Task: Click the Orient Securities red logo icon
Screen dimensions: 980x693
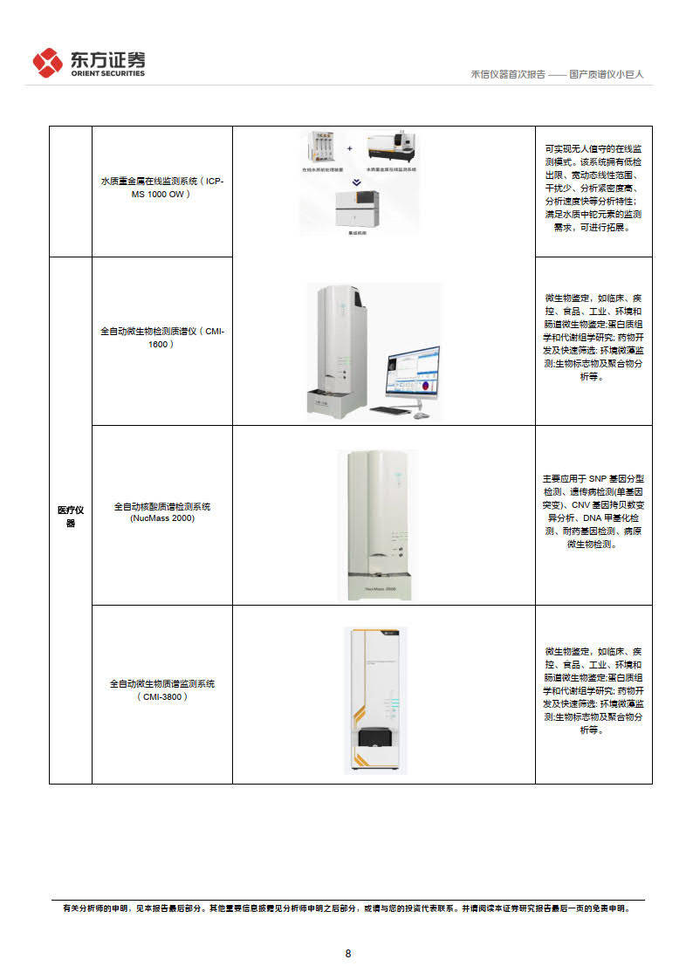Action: click(47, 63)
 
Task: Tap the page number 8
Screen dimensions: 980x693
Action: click(347, 953)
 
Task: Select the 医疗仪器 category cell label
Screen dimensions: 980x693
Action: click(71, 517)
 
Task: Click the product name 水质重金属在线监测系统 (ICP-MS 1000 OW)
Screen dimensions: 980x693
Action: click(162, 187)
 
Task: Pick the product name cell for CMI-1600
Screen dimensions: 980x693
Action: click(162, 338)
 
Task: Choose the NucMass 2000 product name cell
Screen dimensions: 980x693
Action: click(162, 512)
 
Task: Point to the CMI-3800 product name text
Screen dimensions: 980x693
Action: click(162, 689)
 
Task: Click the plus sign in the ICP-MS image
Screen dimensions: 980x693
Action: click(350, 147)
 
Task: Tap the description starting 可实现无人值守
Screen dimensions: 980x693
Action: click(594, 188)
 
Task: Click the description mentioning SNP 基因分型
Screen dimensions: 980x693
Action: click(594, 511)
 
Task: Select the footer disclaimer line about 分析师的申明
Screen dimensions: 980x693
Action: click(346, 908)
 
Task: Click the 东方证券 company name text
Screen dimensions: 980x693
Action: click(107, 59)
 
